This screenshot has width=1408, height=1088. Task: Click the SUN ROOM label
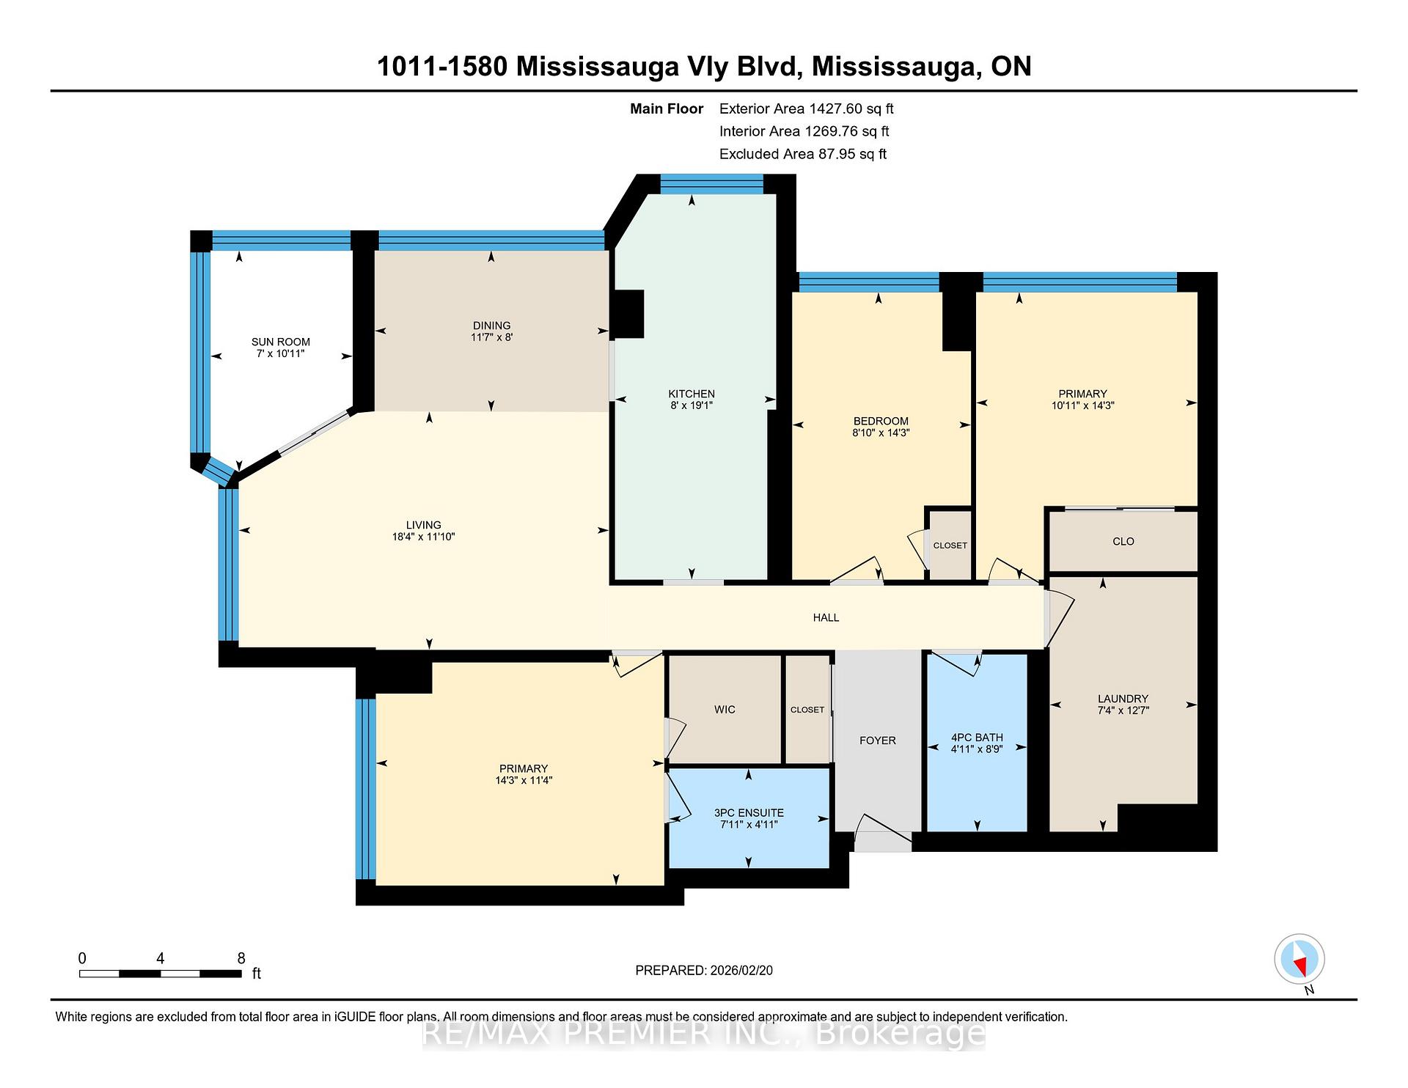coord(280,342)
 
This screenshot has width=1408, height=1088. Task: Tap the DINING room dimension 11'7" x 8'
coord(491,338)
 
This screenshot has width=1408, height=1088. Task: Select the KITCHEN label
coord(691,394)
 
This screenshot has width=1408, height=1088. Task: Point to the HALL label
coord(826,618)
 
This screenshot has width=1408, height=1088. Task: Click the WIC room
coord(725,710)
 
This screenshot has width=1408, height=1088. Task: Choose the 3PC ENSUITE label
coord(749,812)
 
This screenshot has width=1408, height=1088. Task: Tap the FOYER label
coord(877,740)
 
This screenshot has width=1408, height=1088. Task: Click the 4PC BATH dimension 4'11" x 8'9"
coord(976,749)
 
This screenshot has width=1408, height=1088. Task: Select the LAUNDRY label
coord(1123,699)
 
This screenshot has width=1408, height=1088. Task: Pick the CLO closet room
coord(1123,542)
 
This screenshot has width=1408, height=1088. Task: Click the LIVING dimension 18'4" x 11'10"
coord(423,537)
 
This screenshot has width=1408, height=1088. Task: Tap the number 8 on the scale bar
coord(241,958)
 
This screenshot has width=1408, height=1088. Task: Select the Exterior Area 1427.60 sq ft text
coord(806,109)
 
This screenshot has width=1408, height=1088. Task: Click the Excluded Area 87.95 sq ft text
coord(802,154)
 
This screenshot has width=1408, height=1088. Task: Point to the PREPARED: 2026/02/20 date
coord(703,971)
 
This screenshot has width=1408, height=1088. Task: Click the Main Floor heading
coord(666,109)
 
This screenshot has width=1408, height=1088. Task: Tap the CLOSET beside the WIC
coord(807,710)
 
